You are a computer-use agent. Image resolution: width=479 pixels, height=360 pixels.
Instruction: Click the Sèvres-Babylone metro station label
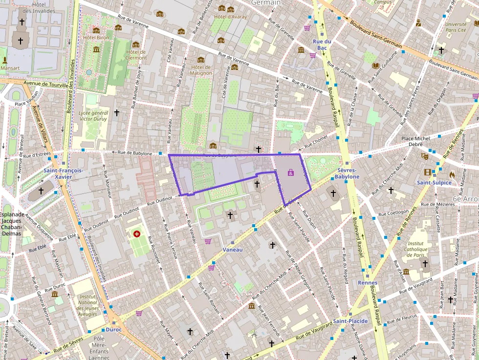tap(348, 173)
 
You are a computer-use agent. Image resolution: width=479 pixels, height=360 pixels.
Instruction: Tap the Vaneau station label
tap(232, 250)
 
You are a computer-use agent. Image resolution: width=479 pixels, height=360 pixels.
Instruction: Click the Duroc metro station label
tap(113, 329)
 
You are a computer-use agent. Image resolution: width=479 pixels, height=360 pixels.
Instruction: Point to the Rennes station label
tap(368, 283)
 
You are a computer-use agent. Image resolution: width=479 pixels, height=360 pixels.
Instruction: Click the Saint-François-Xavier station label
tap(63, 173)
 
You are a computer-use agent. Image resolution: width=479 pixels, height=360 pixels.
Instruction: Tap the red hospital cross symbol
tap(137, 234)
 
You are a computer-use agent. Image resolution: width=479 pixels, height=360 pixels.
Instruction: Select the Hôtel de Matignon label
tap(201, 70)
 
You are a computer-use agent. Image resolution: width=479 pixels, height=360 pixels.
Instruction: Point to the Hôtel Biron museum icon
tap(96, 49)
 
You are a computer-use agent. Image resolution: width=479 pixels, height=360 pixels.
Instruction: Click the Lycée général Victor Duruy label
tap(93, 115)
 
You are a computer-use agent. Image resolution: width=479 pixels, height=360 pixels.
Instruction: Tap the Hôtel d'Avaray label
tap(230, 17)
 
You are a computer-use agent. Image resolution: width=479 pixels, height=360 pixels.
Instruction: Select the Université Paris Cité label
tap(456, 27)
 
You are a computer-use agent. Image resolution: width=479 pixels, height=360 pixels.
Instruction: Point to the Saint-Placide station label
tap(350, 321)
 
